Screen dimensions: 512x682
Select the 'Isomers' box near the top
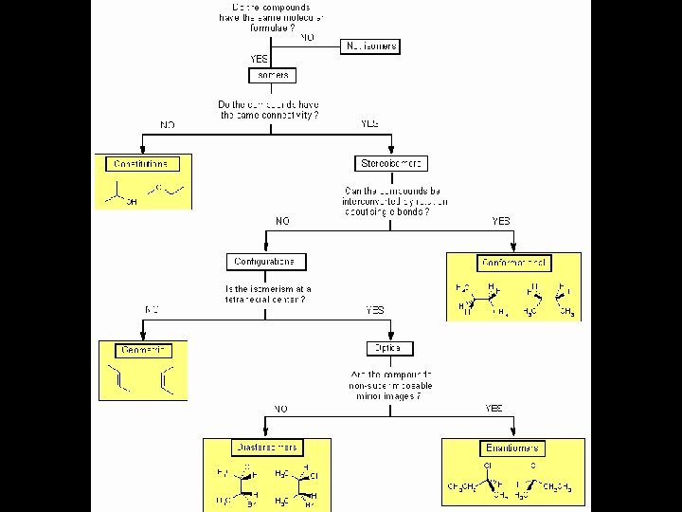pos(272,75)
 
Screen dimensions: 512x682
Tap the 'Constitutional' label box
pos(140,164)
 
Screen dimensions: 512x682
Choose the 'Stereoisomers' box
pos(391,164)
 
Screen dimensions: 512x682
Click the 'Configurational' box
pos(267,262)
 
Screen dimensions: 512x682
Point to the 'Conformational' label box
pos(514,263)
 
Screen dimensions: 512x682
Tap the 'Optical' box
pos(386,348)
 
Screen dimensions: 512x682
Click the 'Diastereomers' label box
pos(265,448)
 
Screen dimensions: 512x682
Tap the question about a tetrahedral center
pos(268,294)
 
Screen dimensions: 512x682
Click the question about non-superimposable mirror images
pos(390,386)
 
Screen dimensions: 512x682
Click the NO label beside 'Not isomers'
pos(308,38)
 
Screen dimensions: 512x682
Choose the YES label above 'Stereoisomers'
pos(369,124)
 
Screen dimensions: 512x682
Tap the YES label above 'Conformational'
pos(501,221)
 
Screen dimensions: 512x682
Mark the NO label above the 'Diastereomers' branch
pos(280,409)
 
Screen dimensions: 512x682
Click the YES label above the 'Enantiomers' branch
pos(494,409)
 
